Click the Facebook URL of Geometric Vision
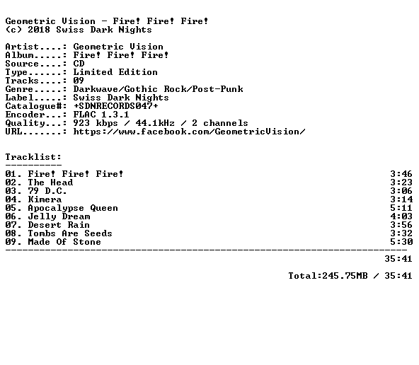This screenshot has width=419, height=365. pyautogui.click(x=189, y=132)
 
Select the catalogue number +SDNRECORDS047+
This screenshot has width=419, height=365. pyautogui.click(x=115, y=106)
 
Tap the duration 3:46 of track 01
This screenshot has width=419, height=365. pyautogui.click(x=401, y=174)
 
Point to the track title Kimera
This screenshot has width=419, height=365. pyautogui.click(x=45, y=199)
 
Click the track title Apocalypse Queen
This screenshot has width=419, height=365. pyautogui.click(x=73, y=208)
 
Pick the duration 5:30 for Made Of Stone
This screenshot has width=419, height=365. pyautogui.click(x=401, y=242)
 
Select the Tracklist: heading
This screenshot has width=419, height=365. pyautogui.click(x=33, y=157)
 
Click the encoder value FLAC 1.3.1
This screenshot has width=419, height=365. pyautogui.click(x=101, y=115)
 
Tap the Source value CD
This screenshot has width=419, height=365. pyautogui.click(x=79, y=64)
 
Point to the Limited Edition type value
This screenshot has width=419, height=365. pyautogui.click(x=115, y=72)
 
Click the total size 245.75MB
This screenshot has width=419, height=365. pyautogui.click(x=345, y=276)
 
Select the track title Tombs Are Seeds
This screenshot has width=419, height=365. pyautogui.click(x=70, y=233)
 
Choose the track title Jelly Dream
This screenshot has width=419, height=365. pyautogui.click(x=59, y=216)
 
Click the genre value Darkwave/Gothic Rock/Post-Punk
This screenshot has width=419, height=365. pyautogui.click(x=159, y=89)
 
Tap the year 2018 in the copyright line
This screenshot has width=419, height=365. pyautogui.click(x=39, y=30)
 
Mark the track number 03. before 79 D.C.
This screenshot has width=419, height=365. pyautogui.click(x=13, y=191)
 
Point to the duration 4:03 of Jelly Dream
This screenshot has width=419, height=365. pyautogui.click(x=401, y=216)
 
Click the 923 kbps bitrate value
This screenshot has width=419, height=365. pyautogui.click(x=96, y=123)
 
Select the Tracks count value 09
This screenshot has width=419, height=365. pyautogui.click(x=79, y=81)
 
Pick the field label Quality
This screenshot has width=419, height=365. pyautogui.click(x=25, y=123)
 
